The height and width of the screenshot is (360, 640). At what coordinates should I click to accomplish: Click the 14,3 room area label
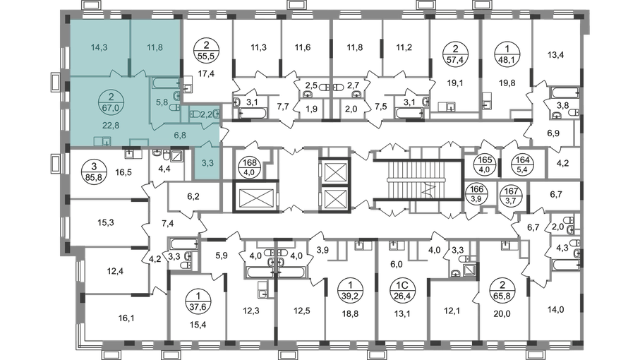tap(99, 49)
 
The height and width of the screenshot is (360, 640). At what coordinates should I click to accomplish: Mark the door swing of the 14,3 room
tap(128, 68)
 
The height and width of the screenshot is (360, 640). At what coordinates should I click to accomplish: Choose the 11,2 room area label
tap(404, 49)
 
